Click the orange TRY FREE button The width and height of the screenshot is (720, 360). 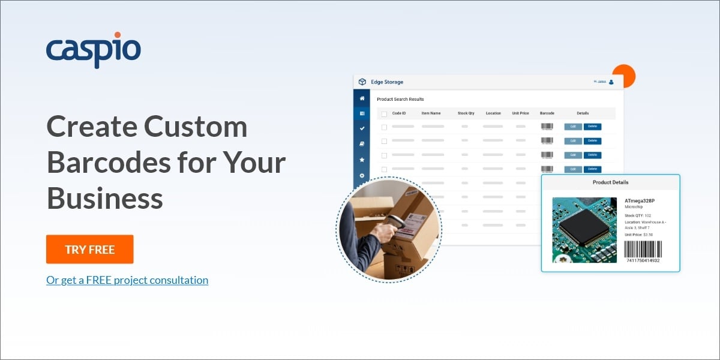pyautogui.click(x=89, y=249)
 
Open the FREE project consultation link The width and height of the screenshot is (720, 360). pyautogui.click(x=127, y=280)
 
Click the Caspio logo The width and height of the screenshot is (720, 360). pyautogui.click(x=94, y=50)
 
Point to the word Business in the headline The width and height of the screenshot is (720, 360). pyautogui.click(x=105, y=197)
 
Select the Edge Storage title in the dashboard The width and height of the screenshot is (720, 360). pyautogui.click(x=387, y=82)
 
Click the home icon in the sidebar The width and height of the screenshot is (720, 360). pyautogui.click(x=362, y=98)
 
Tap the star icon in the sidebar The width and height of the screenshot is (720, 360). pyautogui.click(x=362, y=160)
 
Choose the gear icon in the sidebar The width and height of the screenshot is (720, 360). pyautogui.click(x=362, y=175)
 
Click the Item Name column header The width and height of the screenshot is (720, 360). pyautogui.click(x=431, y=113)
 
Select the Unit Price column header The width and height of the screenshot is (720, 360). pyautogui.click(x=520, y=113)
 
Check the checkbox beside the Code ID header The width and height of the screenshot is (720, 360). pyautogui.click(x=384, y=113)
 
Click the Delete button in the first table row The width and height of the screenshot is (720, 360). pyautogui.click(x=592, y=127)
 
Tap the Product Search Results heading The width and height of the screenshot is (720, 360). pyautogui.click(x=400, y=99)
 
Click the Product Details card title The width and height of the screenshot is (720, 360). pyautogui.click(x=610, y=182)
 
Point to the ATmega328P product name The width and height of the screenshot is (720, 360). pyautogui.click(x=640, y=201)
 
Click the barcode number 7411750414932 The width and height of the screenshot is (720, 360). pyautogui.click(x=643, y=260)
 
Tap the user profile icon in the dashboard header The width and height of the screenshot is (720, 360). pyautogui.click(x=611, y=82)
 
